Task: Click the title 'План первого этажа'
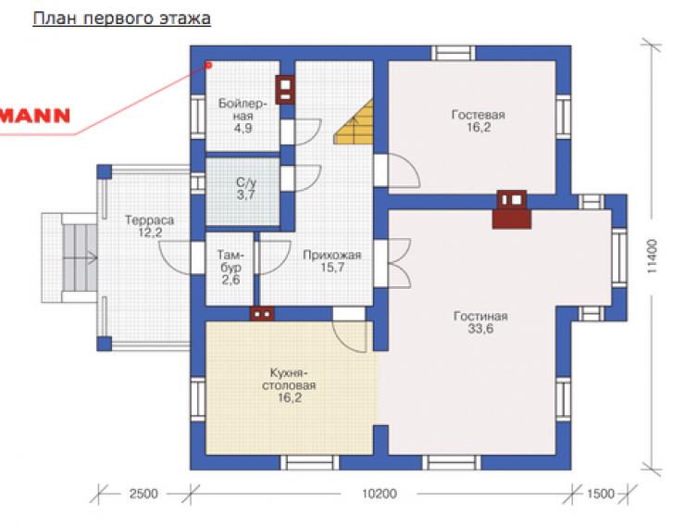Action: point(122,19)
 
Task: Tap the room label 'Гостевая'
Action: point(479,115)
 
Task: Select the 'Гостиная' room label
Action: point(480,316)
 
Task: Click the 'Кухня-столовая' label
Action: point(289,380)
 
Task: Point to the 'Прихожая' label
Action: point(332,256)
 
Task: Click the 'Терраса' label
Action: point(149,220)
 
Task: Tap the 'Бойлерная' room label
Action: point(243,109)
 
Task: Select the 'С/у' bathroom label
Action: point(246,182)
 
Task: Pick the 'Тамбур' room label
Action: point(230,261)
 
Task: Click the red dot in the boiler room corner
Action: point(209,65)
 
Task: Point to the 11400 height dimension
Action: point(652,256)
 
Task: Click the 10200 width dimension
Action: point(380,494)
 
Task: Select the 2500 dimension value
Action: point(143,494)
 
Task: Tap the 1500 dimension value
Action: point(601,494)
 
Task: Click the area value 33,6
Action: point(480,329)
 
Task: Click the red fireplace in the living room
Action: point(512,209)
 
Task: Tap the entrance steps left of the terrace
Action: point(80,257)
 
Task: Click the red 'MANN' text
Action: point(35,116)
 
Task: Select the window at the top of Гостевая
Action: point(454,54)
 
